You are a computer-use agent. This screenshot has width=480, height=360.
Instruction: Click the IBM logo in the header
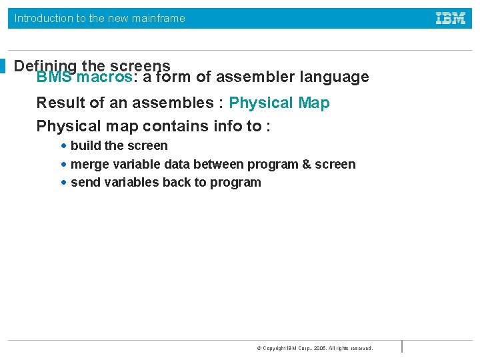(451, 19)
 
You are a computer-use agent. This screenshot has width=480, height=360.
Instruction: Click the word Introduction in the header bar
(44, 19)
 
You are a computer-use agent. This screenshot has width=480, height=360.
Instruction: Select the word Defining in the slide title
(45, 65)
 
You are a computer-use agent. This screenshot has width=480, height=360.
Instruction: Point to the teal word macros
(105, 77)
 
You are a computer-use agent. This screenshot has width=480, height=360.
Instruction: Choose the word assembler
(255, 77)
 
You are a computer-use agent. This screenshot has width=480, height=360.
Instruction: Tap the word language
(335, 77)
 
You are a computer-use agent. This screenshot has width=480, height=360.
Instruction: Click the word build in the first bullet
(86, 145)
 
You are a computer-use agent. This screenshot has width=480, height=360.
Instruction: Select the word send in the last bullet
(85, 183)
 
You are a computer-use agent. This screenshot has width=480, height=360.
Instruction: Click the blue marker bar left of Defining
(3, 66)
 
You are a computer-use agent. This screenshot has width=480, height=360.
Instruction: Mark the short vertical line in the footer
(402, 347)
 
